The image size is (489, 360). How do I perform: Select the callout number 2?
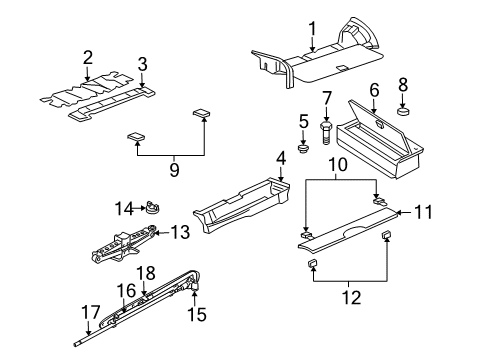pyautogui.click(x=88, y=57)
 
